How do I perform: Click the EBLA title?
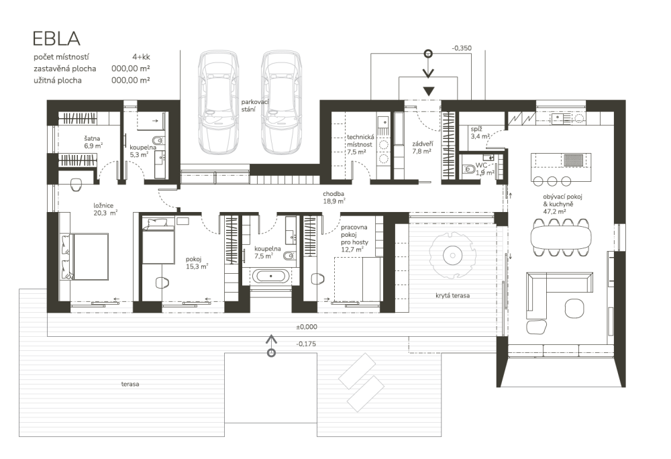coord(56,38)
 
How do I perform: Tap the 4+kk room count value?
coord(141,57)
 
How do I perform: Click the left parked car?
coord(217,103)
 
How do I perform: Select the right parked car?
coord(281,103)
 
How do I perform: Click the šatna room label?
coord(92,139)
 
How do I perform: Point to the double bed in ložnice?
coord(84,256)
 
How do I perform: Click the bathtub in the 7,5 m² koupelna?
coord(270,276)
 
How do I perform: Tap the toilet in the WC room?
coord(469,169)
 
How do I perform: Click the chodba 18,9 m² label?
coord(334,197)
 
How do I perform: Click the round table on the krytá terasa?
coord(452,256)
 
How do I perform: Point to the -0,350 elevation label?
coord(462,48)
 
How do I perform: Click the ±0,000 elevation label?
coord(307,327)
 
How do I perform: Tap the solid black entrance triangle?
coord(428,91)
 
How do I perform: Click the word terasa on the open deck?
coord(130,384)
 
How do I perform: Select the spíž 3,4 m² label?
coord(480,133)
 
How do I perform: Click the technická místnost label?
coord(360,144)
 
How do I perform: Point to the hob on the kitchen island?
coord(572,160)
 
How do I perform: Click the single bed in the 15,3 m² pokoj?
coord(158,241)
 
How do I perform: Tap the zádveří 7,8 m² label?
coord(422,148)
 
